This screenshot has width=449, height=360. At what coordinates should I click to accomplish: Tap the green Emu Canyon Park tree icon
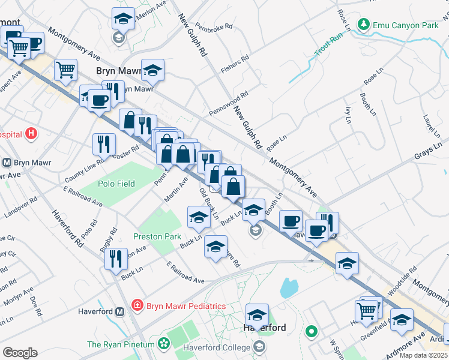pos(363,25)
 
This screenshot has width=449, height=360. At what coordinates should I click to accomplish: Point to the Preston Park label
pos(157,236)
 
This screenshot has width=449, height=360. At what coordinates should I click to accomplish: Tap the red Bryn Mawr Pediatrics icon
pos(137,305)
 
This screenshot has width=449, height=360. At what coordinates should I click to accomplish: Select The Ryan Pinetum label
pos(122,344)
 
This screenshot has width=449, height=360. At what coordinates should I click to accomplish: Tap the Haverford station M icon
pos(119,311)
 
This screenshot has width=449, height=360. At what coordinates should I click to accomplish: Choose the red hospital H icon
pos(32,134)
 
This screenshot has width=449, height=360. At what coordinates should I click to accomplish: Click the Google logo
pos(20,352)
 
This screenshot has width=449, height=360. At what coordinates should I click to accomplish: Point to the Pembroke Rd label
pos(216,28)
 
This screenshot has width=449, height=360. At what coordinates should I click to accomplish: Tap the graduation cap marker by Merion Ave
pos(123,19)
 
